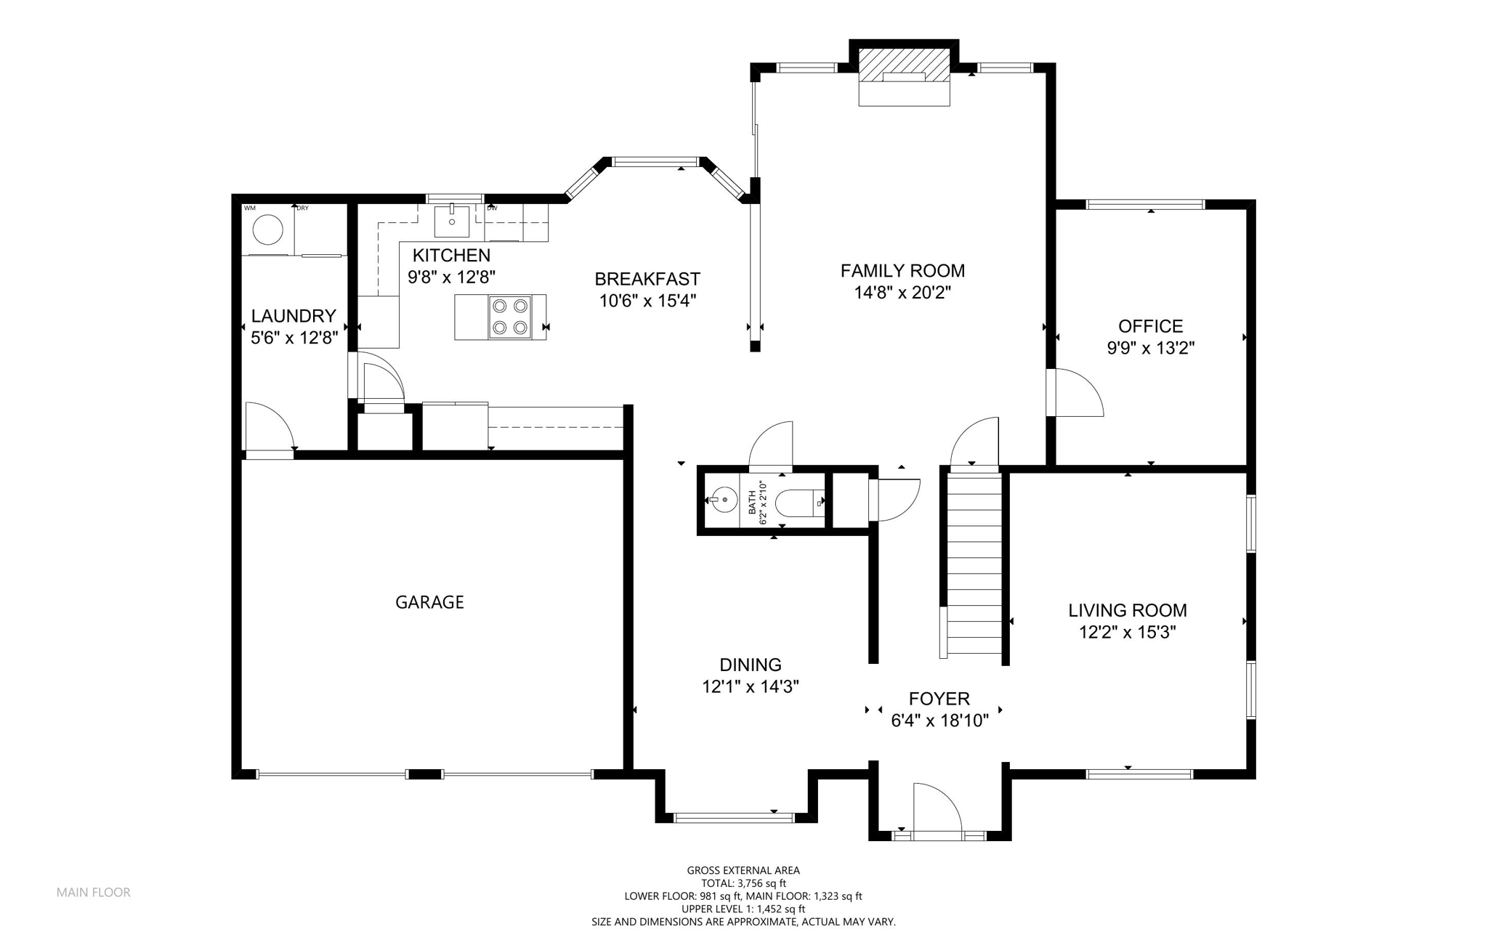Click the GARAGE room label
click(429, 602)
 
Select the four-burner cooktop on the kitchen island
click(509, 317)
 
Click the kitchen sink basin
click(452, 221)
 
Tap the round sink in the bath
click(723, 500)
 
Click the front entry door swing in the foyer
click(937, 808)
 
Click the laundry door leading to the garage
click(270, 427)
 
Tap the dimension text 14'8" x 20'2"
click(902, 293)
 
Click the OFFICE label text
click(1150, 326)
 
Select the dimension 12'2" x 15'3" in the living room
click(1128, 633)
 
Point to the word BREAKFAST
click(647, 279)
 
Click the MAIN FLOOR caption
click(94, 893)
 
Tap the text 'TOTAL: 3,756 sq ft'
click(743, 883)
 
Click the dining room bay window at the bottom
click(734, 818)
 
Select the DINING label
click(751, 665)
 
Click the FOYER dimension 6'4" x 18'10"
click(939, 721)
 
